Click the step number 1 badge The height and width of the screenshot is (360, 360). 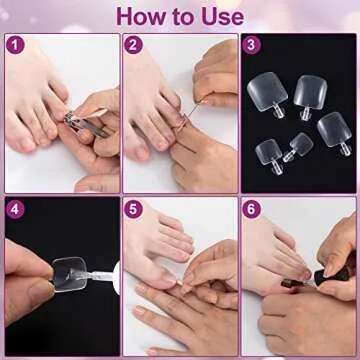click(x=14, y=45)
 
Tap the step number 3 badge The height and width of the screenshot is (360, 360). click(x=253, y=45)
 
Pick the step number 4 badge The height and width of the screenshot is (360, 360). click(x=14, y=209)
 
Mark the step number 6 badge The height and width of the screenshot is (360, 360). click(x=253, y=209)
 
